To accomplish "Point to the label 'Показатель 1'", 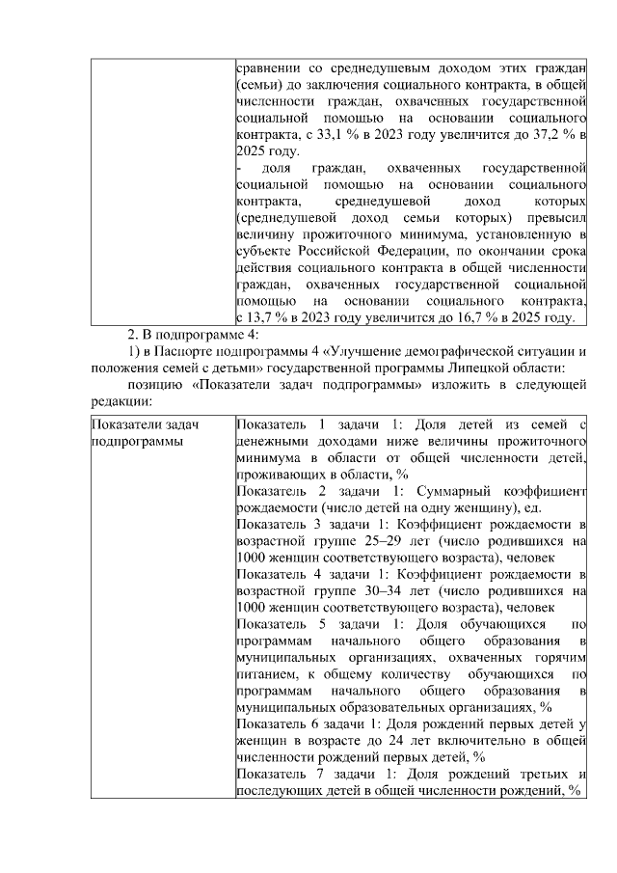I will coord(280,424).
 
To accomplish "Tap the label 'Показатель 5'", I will coord(280,625).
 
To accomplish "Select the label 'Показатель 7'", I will coord(280,775).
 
